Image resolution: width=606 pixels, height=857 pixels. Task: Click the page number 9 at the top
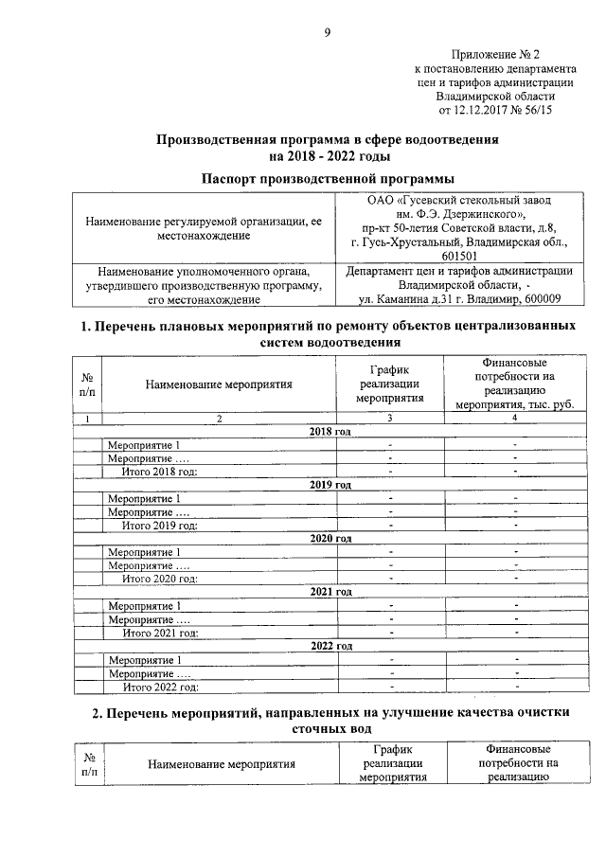click(x=328, y=33)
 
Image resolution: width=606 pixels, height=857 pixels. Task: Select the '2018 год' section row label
click(x=330, y=432)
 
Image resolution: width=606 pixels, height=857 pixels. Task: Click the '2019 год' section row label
click(x=330, y=485)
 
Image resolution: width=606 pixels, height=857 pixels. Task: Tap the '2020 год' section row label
click(x=330, y=538)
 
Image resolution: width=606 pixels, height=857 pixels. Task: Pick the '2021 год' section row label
click(x=330, y=592)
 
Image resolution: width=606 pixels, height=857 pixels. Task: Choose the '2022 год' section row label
click(x=330, y=646)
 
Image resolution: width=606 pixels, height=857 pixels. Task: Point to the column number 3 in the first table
click(x=390, y=418)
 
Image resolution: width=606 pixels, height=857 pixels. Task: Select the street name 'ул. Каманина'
click(x=376, y=299)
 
